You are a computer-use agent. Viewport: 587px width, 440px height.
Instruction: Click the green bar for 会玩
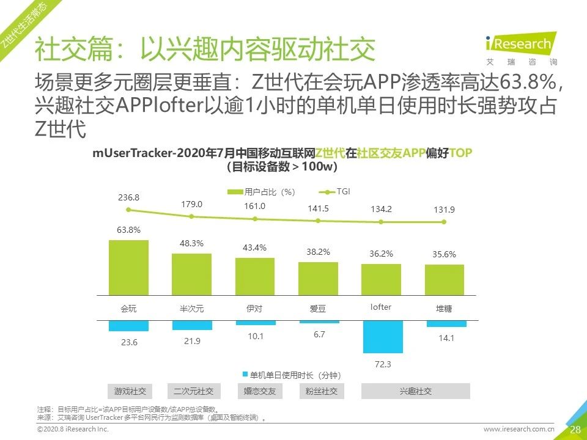click(x=128, y=268)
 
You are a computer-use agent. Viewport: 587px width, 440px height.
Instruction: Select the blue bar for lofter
click(x=383, y=337)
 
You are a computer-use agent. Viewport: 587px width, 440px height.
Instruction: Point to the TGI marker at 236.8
click(x=128, y=210)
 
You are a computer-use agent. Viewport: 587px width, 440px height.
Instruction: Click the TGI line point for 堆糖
click(x=445, y=222)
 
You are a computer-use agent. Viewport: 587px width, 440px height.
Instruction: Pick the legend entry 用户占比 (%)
click(x=261, y=192)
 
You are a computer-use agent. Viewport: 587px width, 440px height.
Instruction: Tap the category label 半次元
click(x=191, y=309)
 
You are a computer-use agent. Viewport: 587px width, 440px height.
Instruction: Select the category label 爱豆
click(x=318, y=309)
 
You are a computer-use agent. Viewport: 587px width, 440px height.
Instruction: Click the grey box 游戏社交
click(x=129, y=391)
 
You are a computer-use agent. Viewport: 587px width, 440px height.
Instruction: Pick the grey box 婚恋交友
click(x=255, y=391)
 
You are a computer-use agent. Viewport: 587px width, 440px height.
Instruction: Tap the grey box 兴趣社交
click(x=416, y=391)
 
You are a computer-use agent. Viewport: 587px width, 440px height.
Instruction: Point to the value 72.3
click(x=383, y=364)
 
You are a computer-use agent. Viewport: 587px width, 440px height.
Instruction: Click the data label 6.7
click(x=319, y=334)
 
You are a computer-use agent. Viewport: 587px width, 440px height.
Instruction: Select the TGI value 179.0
click(x=191, y=204)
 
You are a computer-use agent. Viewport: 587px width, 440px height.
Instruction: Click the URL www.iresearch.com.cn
click(x=519, y=430)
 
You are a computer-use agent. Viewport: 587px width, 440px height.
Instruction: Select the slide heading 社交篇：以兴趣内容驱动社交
click(x=204, y=50)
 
